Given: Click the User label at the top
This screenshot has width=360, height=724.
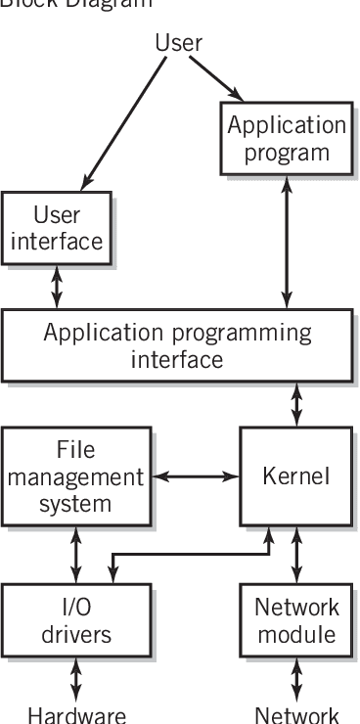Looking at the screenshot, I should (x=178, y=43).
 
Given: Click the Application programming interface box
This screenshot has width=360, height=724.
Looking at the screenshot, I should (x=178, y=345).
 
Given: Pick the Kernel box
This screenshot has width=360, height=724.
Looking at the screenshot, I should (x=295, y=476).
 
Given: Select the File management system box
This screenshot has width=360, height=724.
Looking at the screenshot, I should (x=74, y=476).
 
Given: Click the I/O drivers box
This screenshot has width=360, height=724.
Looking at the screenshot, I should (x=74, y=620).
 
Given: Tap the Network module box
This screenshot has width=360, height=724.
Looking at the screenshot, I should (x=295, y=620).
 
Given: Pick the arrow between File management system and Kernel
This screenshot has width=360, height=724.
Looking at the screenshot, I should (x=195, y=477).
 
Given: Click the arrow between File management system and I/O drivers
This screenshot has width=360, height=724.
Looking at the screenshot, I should (x=75, y=556).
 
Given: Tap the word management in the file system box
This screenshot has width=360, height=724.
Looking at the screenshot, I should (x=74, y=477).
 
